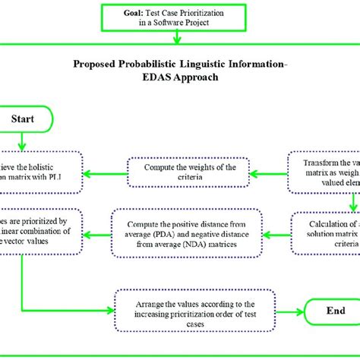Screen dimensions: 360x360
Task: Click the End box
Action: pyautogui.click(x=333, y=311)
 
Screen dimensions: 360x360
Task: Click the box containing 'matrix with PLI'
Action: pyautogui.click(x=42, y=172)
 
